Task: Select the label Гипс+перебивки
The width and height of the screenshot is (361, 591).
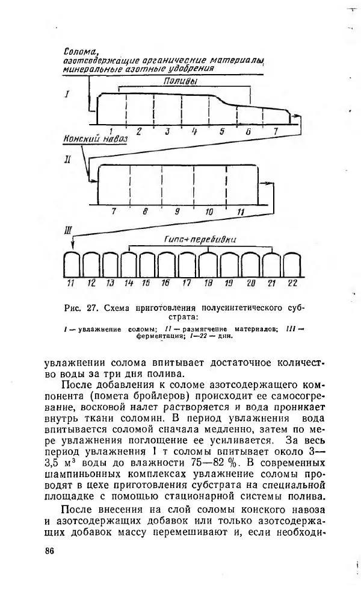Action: pos(200,239)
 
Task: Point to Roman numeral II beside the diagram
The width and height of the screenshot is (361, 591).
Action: pos(68,161)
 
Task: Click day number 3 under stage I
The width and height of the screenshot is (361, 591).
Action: pos(167,131)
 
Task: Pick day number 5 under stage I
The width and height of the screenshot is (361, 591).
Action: pos(221,131)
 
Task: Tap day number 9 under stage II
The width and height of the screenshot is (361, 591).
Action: pos(177,212)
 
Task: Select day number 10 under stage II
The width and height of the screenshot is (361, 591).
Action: pos(209,212)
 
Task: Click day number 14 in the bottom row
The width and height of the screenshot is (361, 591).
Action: pos(129,282)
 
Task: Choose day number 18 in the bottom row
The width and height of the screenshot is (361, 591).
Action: pos(208,282)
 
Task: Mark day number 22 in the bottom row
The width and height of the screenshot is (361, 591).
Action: pos(292,282)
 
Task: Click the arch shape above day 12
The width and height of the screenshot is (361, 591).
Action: pos(91,263)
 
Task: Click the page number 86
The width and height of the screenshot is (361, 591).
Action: pos(49,551)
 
